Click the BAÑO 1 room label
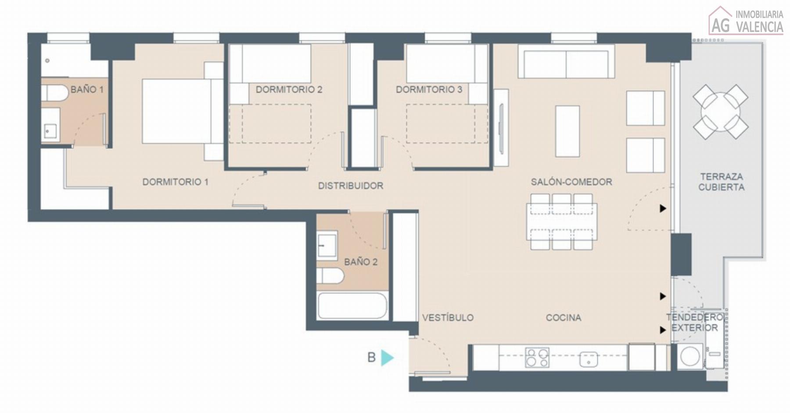point(87,90)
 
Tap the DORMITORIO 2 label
point(289,90)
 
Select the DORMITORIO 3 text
point(429,90)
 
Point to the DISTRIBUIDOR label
point(351,186)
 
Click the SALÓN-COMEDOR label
point(571,182)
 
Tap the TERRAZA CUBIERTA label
point(722,182)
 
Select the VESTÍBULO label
point(448,318)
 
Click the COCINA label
point(564,318)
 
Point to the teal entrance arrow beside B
point(387,358)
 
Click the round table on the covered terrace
point(720,112)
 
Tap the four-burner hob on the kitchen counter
point(537,358)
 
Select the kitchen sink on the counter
point(588,359)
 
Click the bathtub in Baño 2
point(352,306)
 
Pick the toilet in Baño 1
point(55,93)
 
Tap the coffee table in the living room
point(567,131)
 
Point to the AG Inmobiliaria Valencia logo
point(746,20)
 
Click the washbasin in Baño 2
point(327,244)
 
